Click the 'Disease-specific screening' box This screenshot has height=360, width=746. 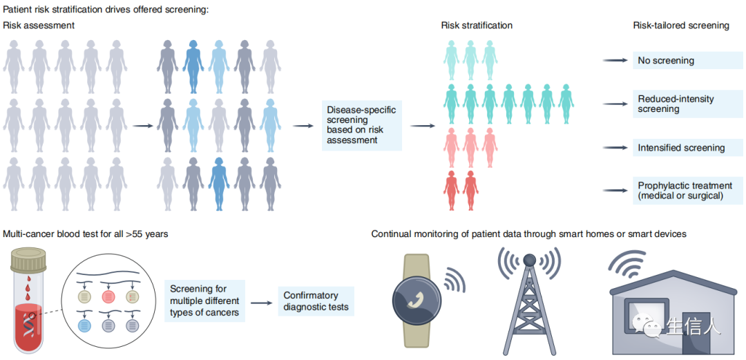coord(362,125)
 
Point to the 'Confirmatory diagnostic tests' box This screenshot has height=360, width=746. coord(316,302)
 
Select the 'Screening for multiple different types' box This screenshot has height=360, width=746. coord(205,302)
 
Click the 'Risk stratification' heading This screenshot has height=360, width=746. coord(477,26)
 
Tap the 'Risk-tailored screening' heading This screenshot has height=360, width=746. coord(680,26)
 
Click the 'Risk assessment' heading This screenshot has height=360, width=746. coord(39,26)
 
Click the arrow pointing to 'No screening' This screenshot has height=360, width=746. coord(614,61)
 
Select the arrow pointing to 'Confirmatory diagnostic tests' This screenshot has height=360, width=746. coord(260,303)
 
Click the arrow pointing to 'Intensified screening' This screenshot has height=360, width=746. coord(614,148)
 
